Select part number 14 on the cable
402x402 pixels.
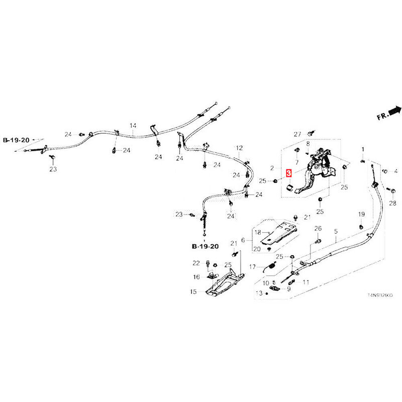133,125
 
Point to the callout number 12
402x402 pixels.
239,148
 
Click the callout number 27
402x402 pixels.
297,134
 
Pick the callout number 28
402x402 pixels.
392,203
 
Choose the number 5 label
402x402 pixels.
336,232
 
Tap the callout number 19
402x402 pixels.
361,215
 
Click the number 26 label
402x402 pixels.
318,229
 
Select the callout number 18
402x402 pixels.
257,233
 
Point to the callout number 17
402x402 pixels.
252,266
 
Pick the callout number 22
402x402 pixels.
196,263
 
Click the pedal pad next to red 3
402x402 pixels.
289,188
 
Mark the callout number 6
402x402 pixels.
243,241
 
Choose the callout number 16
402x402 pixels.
196,276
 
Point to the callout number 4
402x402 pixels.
395,171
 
